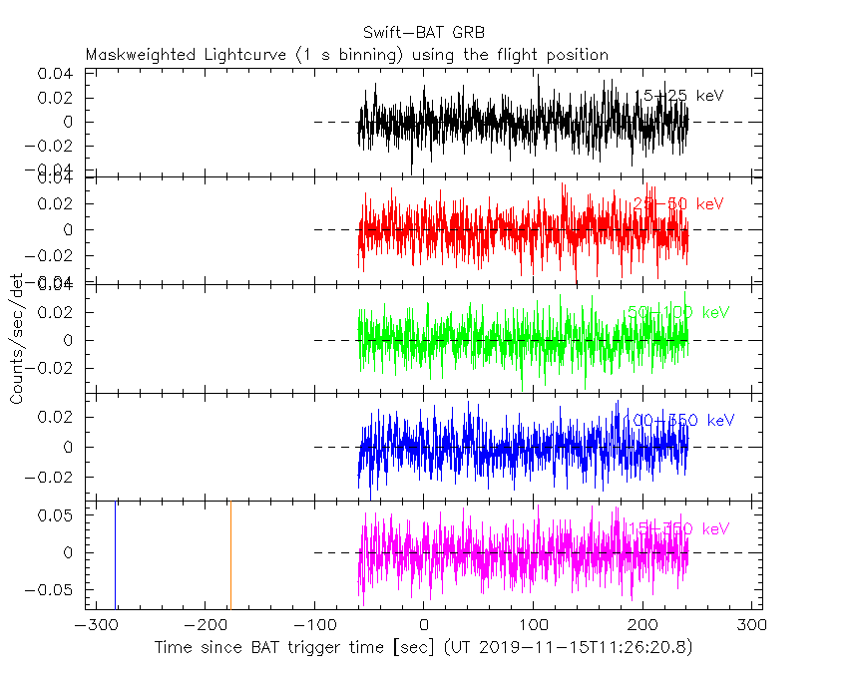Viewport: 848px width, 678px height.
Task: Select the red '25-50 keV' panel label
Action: [x=678, y=203]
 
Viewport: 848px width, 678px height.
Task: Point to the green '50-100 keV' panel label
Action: [x=678, y=312]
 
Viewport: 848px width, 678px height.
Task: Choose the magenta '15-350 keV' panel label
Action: [x=678, y=527]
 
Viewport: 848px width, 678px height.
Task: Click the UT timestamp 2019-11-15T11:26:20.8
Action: [x=584, y=647]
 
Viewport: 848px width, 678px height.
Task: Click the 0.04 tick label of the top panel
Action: [x=58, y=74]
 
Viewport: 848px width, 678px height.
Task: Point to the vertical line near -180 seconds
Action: [x=230, y=554]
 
